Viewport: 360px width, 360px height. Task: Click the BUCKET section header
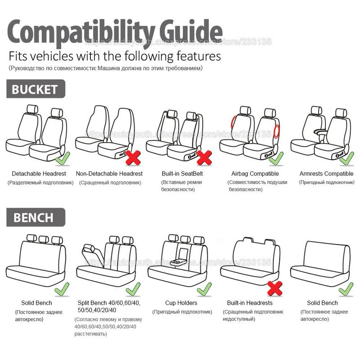coord(35,89)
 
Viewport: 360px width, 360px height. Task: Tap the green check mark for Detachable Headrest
coord(62,157)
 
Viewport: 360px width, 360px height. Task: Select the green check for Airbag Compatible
coord(276,157)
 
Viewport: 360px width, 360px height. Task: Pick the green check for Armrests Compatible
coord(347,157)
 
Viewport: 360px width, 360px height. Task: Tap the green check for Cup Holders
coord(204,288)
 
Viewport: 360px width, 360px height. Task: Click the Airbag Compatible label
coord(255,174)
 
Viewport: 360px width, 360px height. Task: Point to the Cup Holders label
coord(181,303)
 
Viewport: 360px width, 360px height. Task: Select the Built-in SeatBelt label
coord(182,174)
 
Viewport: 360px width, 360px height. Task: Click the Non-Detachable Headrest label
coord(109,174)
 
